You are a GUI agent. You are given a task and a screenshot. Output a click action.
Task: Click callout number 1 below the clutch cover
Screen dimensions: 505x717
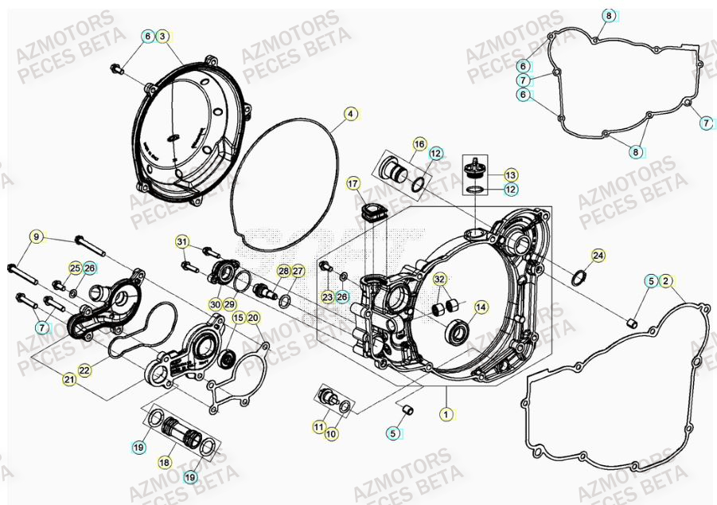click(446, 414)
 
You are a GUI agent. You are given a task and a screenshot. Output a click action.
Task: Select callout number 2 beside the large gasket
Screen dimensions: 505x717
click(666, 280)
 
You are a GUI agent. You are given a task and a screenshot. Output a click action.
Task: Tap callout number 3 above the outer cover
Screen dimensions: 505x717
click(162, 37)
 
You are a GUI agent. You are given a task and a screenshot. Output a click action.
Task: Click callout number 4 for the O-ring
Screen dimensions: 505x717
click(350, 114)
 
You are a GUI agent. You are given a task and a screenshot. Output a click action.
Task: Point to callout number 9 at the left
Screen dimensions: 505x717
click(36, 237)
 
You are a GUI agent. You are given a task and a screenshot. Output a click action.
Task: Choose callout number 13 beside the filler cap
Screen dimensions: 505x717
click(511, 174)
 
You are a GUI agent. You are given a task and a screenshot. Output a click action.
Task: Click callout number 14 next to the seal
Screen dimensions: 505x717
click(481, 307)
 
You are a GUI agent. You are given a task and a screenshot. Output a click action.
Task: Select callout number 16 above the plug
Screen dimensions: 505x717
click(419, 143)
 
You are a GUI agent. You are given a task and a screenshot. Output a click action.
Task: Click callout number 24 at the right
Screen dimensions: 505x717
click(598, 256)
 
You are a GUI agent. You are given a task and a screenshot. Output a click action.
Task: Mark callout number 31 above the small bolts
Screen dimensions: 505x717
click(182, 242)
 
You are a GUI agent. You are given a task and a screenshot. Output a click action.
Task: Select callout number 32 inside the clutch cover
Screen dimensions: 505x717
click(439, 280)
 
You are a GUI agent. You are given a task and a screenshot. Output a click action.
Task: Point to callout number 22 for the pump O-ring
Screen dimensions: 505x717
click(85, 370)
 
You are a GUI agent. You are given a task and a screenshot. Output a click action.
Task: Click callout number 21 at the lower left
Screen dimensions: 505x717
click(70, 381)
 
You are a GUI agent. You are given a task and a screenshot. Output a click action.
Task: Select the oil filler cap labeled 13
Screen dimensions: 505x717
click(475, 167)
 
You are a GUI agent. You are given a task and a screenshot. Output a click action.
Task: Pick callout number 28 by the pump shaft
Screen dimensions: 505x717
click(283, 272)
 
